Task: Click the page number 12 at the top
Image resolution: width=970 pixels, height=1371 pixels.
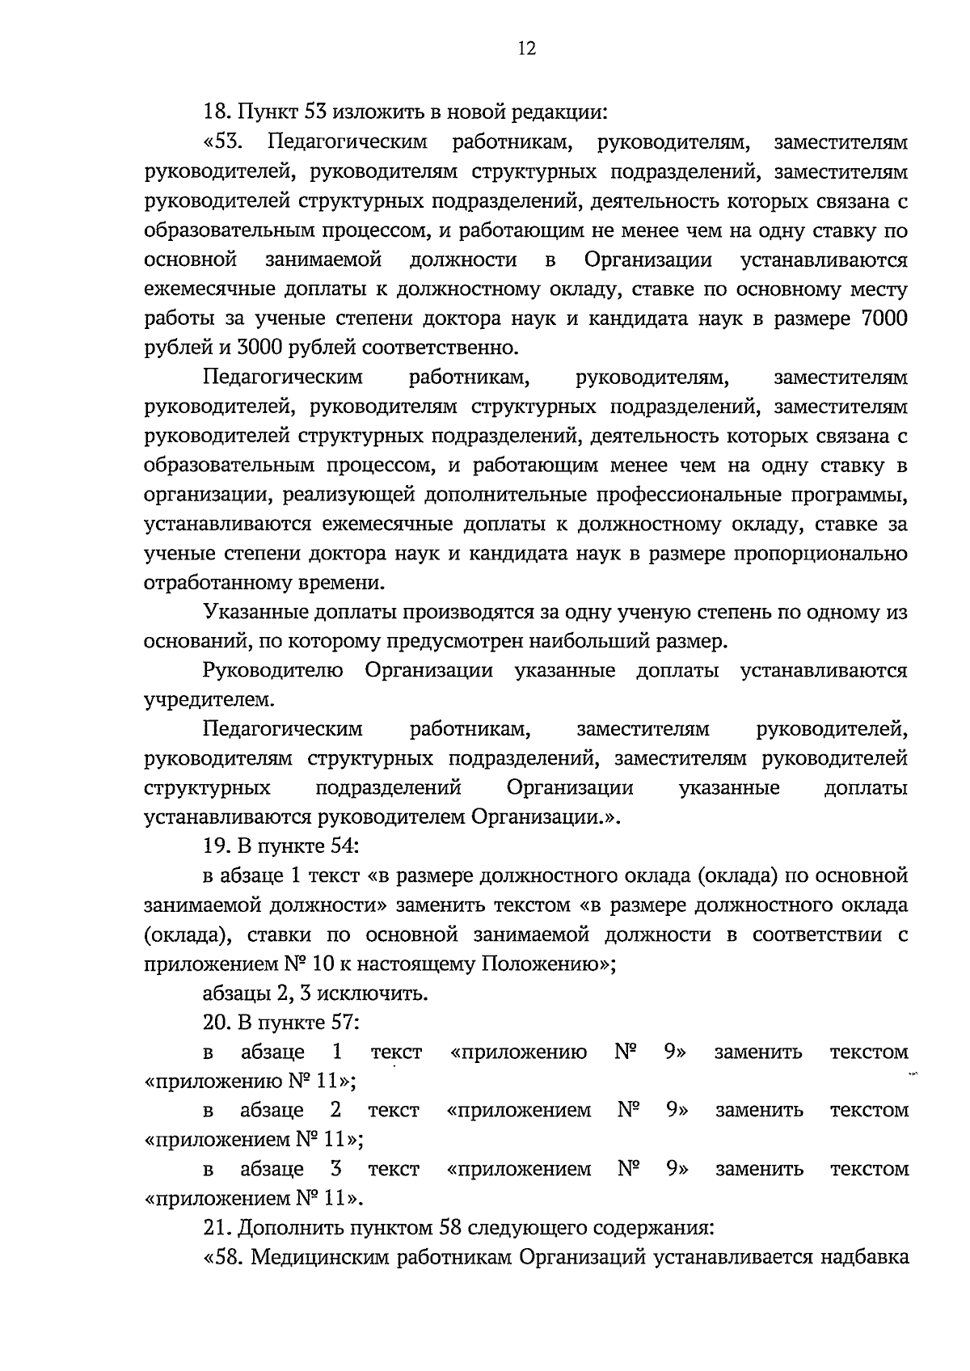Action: pyautogui.click(x=526, y=49)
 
